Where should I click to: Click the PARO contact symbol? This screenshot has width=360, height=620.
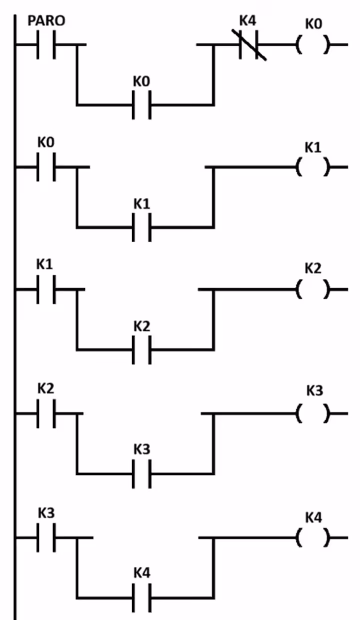pos(46,44)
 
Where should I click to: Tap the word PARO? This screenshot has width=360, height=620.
pos(46,21)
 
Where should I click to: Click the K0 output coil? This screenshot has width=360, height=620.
pos(313,45)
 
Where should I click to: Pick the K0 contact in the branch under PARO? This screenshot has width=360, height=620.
pos(141,105)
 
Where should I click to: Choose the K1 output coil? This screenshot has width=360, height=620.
pos(313,166)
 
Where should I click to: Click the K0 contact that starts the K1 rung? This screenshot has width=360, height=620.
pos(46,166)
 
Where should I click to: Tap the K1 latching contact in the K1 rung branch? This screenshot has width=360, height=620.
pos(141,228)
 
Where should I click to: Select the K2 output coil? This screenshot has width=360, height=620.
pos(313,289)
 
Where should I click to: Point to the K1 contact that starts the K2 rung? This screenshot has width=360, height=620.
pos(46,289)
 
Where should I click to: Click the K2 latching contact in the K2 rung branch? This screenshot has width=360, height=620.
pos(141,349)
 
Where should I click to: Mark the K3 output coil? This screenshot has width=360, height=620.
pos(313,413)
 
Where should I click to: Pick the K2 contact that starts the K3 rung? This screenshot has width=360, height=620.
pos(46,413)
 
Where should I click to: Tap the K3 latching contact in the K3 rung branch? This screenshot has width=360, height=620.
pos(141,473)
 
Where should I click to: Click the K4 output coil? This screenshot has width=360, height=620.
pos(313,538)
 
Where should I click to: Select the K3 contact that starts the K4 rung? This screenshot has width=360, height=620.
pos(46,538)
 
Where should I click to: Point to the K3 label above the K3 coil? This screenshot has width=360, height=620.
pos(314,391)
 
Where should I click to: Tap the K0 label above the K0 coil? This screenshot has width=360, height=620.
pos(313,23)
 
